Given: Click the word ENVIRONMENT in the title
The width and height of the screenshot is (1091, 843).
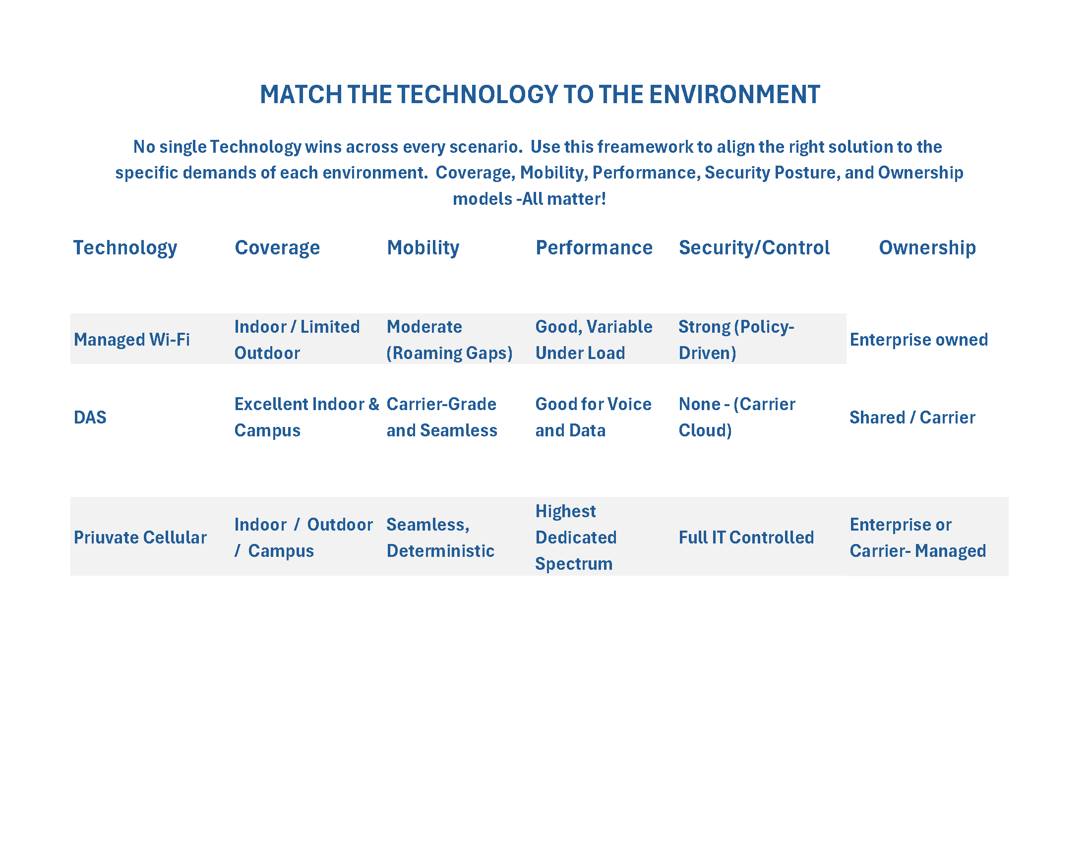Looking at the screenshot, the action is click(x=734, y=94).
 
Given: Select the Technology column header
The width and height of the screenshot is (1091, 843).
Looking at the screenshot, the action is click(x=125, y=248).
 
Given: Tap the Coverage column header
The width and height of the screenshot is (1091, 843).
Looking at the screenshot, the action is click(x=277, y=248).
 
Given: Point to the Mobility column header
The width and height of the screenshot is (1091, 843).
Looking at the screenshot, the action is click(x=423, y=248).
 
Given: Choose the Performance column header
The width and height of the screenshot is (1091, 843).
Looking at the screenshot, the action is click(x=594, y=248).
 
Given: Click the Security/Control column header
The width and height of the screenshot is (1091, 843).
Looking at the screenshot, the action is click(x=754, y=248).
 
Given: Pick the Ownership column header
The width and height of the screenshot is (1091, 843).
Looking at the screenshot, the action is click(x=927, y=248).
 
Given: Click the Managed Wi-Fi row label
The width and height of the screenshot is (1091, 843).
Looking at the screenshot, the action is click(x=132, y=340).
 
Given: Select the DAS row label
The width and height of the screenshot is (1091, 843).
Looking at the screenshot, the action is click(x=90, y=418).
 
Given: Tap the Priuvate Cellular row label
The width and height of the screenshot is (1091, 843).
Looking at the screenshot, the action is click(x=140, y=538).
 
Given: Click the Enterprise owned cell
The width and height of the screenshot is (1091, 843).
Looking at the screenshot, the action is click(x=919, y=340).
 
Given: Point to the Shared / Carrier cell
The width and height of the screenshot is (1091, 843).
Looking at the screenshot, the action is click(x=912, y=418).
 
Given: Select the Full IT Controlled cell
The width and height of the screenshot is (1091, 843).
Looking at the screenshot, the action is click(x=746, y=538).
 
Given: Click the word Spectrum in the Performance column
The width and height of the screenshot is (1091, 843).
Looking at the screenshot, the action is click(x=574, y=564).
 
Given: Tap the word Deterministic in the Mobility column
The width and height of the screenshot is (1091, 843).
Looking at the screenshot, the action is click(x=440, y=551).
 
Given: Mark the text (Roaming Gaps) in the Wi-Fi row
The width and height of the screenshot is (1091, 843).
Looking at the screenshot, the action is click(x=450, y=354).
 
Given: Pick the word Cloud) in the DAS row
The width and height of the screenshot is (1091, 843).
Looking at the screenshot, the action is click(x=705, y=430).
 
